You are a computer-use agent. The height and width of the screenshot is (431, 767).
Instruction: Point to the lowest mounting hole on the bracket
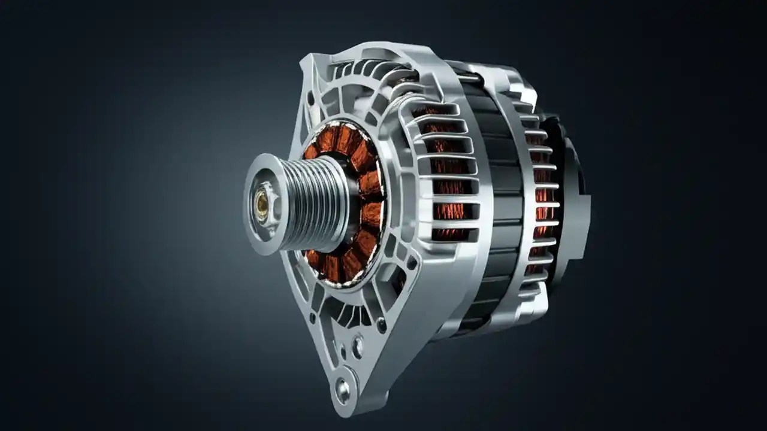(342, 390)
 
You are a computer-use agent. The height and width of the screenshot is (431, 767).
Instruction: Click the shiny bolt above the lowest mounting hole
(358, 345)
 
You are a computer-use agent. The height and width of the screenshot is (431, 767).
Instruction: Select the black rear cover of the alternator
(572, 198)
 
